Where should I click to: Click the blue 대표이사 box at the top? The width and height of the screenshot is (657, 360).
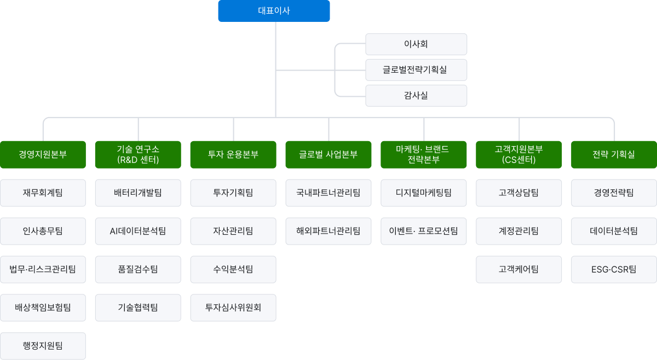pos(274,11)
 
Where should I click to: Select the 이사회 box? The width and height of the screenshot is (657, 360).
pos(416,44)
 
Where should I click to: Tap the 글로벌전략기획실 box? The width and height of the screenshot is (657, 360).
pos(416,69)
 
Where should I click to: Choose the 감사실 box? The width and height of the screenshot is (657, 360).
pos(416,95)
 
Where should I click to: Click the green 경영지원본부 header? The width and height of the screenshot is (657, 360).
pos(43,154)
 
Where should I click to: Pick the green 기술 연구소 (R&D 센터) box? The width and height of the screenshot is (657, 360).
pos(138,154)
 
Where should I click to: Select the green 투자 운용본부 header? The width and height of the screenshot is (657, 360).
pos(233,154)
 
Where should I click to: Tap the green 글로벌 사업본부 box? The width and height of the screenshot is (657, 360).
pos(328,154)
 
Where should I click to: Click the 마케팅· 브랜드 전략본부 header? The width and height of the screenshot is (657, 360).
pos(424,154)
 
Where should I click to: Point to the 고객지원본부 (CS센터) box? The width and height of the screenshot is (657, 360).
pos(519,154)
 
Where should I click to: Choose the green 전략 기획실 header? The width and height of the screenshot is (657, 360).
pos(614,154)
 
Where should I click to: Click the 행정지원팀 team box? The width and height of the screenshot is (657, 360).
pos(43,346)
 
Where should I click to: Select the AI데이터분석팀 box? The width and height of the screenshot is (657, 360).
pos(138,231)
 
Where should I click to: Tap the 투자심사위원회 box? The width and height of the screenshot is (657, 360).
pos(233,307)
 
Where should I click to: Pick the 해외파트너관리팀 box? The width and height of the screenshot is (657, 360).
pos(328,231)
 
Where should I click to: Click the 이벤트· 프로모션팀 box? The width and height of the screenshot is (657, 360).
pos(424,231)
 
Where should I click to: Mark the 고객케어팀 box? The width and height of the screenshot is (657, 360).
pos(519,269)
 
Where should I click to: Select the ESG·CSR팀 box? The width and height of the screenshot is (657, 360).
pos(614,269)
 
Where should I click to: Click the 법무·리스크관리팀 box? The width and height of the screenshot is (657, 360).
pos(43,269)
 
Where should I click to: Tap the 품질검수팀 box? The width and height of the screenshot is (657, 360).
pos(138,269)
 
